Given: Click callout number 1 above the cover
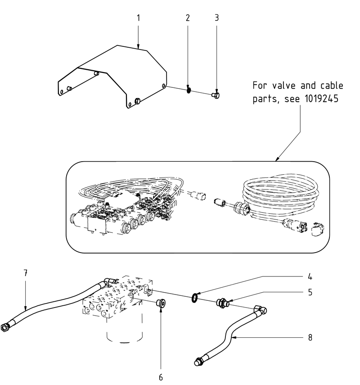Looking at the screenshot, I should coord(139,18).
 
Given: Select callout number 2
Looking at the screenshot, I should coord(188,18).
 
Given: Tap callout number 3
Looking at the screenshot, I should coord(216,18).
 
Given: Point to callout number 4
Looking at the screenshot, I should coord(310,276).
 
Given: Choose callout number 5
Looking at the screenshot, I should coord(310,292).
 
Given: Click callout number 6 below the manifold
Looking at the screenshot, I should coord(161,377).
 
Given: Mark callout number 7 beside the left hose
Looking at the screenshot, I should coord(26,273).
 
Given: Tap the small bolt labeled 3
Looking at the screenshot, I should coord(216,95).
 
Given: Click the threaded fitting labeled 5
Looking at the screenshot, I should coord(223,303).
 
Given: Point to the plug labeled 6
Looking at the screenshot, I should coord(161,304).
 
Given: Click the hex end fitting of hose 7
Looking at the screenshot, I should coord(6,326).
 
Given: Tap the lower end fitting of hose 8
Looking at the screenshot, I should coord(198,361).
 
